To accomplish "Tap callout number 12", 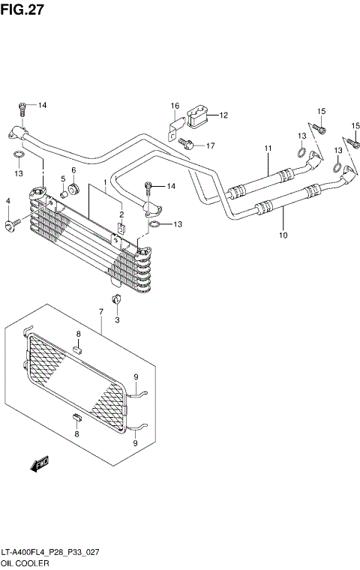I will (223, 115).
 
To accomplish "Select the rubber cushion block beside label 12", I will (196, 115).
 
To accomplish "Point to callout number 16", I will (174, 106).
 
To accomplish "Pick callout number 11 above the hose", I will (266, 148).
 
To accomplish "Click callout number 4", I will (8, 201).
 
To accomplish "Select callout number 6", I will (73, 171).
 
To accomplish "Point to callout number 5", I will (63, 178).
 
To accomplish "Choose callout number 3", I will (117, 320).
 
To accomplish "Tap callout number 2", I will (119, 214).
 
